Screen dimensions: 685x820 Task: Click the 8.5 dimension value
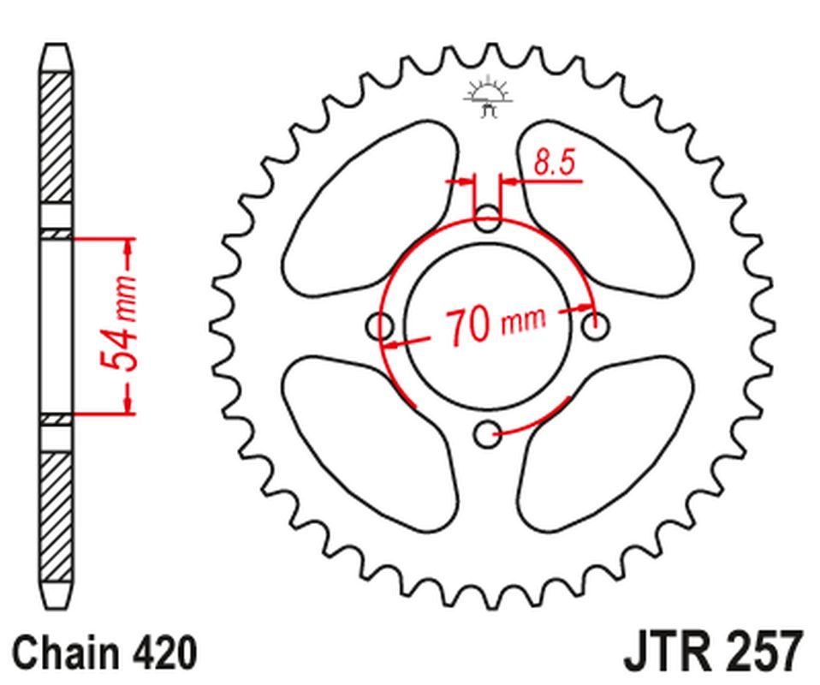point(554,162)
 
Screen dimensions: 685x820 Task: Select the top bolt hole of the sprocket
point(488,217)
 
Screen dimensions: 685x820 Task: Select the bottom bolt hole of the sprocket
point(488,435)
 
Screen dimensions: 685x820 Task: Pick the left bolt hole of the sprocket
point(379,326)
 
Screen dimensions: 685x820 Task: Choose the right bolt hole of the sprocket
point(597,326)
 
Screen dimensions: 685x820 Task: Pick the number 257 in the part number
point(759,652)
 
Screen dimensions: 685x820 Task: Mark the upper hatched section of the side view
point(56,137)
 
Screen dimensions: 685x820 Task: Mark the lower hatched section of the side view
point(56,514)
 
